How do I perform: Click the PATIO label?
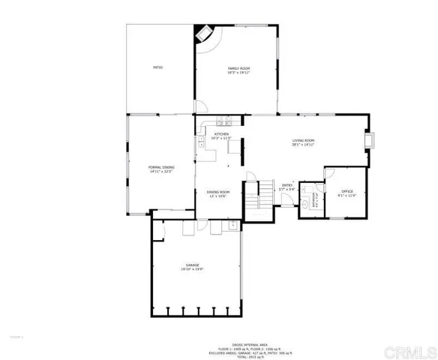[157, 68]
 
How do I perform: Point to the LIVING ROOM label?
[302, 140]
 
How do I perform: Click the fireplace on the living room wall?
[367, 141]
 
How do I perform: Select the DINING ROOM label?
[218, 192]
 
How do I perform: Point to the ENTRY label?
[286, 185]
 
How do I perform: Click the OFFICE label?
[346, 191]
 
